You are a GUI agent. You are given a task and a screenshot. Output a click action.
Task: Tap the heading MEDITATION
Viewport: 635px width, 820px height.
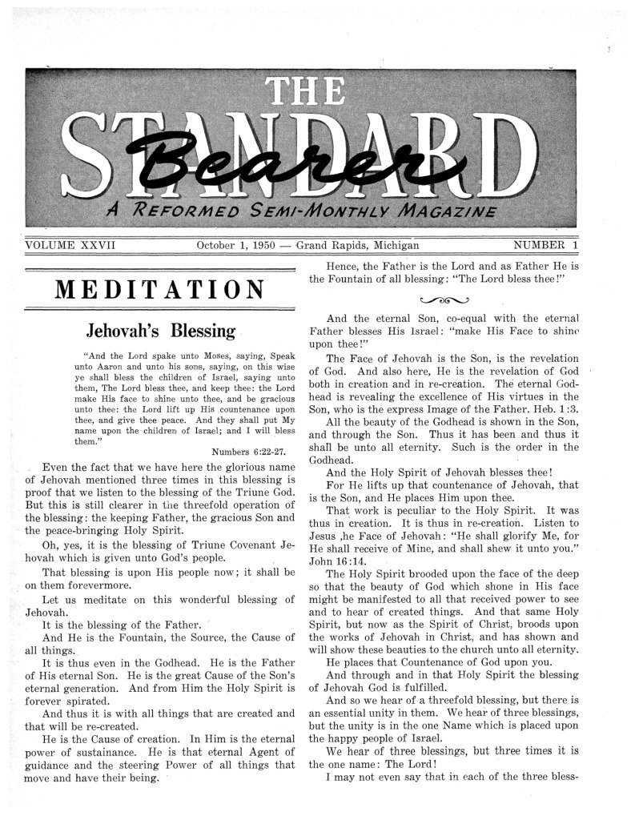(x=160, y=289)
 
